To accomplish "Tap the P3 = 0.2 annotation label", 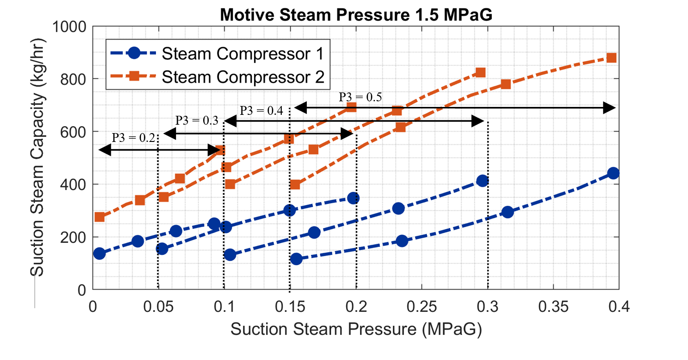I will pyautogui.click(x=133, y=138).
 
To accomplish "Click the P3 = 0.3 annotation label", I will pyautogui.click(x=197, y=120).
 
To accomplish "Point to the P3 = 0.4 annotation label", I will pyautogui.click(x=261, y=111).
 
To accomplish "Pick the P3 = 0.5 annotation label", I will pyautogui.click(x=360, y=97).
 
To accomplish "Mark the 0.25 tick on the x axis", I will pyautogui.click(x=422, y=307).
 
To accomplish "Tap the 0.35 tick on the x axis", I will pyautogui.click(x=553, y=307).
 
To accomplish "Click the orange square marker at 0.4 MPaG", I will pyautogui.click(x=611, y=58).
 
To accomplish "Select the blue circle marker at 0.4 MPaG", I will pyautogui.click(x=613, y=173).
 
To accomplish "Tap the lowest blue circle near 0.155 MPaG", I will pyautogui.click(x=296, y=259).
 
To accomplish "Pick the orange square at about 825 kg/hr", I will pyautogui.click(x=481, y=72).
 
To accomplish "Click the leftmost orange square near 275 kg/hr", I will pyautogui.click(x=99, y=217).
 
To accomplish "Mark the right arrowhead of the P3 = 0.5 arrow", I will pyautogui.click(x=610, y=108).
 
